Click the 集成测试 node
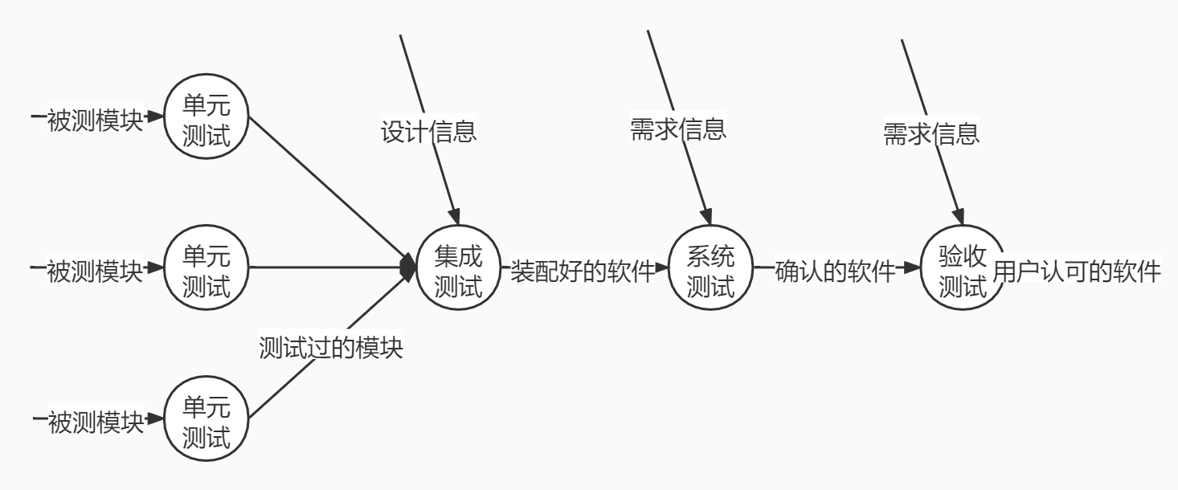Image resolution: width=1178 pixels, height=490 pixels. pyautogui.click(x=458, y=270)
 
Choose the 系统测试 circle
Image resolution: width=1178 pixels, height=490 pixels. pyautogui.click(x=711, y=270)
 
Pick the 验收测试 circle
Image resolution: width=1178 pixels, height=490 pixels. pyautogui.click(x=962, y=270)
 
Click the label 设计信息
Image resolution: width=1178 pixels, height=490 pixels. pyautogui.click(x=428, y=131)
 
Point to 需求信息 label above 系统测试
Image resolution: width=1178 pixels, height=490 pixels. pyautogui.click(x=679, y=129)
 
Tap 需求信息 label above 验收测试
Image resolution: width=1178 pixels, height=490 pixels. pyautogui.click(x=931, y=132)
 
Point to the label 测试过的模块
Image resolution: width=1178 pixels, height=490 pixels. pyautogui.click(x=330, y=348)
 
